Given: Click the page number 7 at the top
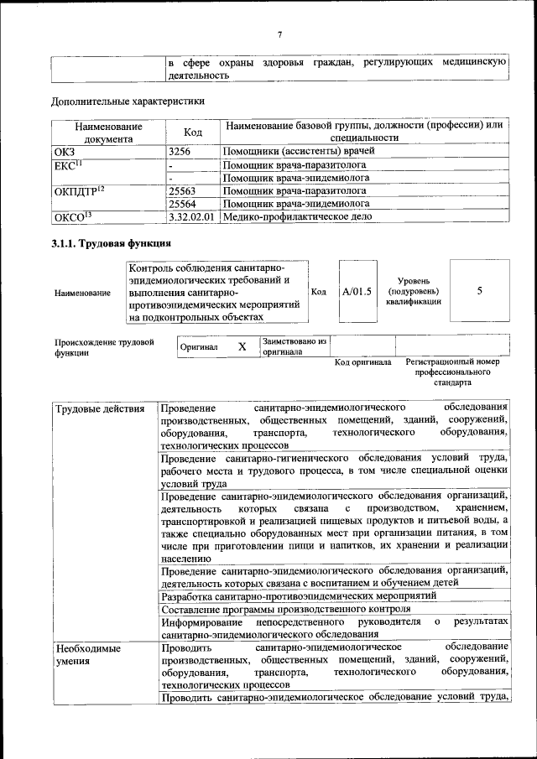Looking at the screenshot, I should click(280, 34).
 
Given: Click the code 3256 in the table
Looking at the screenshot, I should click(180, 152).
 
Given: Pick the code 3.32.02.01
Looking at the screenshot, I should click(191, 216).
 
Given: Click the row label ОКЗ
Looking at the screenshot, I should click(65, 152).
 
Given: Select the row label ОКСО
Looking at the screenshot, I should click(71, 217).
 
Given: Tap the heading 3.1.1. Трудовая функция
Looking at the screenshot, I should click(112, 245).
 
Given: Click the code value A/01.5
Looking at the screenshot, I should click(357, 291).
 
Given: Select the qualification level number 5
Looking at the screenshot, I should click(479, 291).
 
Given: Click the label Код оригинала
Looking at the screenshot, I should click(363, 362).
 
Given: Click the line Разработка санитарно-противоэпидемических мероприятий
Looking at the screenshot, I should click(299, 595).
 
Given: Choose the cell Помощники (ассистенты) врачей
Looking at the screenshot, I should click(299, 152).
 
